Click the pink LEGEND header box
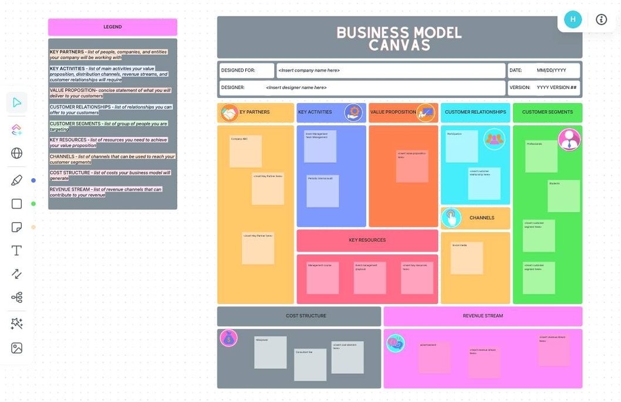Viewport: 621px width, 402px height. click(112, 27)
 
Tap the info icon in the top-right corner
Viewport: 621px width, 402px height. click(601, 19)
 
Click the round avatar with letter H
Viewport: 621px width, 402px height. click(573, 19)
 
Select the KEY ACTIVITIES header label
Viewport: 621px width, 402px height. click(315, 112)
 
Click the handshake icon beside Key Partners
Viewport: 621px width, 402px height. click(229, 113)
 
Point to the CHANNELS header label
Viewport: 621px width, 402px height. click(481, 218)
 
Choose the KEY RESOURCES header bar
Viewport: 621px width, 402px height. click(367, 240)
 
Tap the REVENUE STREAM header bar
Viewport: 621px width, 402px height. click(482, 316)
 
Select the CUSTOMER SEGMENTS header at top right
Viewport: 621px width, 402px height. click(547, 112)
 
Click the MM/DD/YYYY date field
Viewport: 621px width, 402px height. click(551, 70)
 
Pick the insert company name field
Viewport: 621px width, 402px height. click(390, 70)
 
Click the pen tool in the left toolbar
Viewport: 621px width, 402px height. click(17, 180)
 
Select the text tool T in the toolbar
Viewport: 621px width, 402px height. click(17, 251)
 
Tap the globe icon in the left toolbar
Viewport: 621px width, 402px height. click(17, 154)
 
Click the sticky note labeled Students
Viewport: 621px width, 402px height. click(563, 196)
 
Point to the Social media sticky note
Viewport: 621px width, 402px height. click(467, 258)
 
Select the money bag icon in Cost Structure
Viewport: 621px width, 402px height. click(228, 338)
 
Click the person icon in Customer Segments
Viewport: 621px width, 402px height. click(569, 139)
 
